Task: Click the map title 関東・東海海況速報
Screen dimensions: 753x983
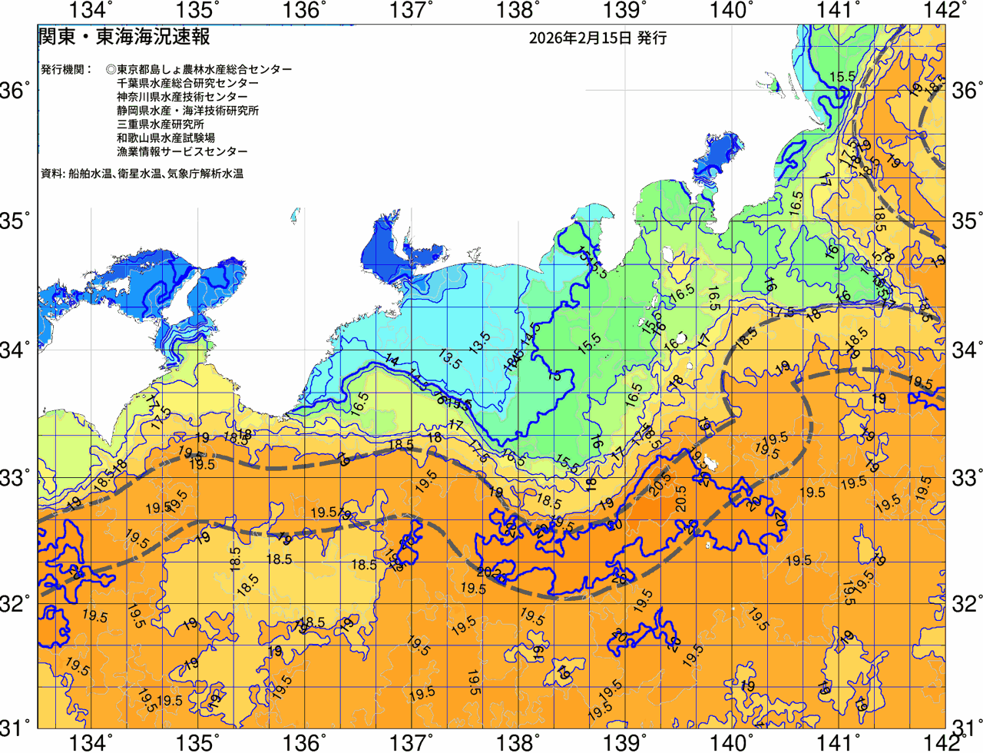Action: (x=124, y=37)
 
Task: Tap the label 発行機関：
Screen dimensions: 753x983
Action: (x=67, y=69)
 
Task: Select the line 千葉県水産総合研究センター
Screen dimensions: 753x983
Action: (x=187, y=83)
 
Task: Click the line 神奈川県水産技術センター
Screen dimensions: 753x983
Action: (x=182, y=97)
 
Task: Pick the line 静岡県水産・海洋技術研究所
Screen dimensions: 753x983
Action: (x=187, y=111)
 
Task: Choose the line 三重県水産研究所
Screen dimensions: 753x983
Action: (x=161, y=124)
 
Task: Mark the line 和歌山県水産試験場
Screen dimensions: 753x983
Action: (x=166, y=138)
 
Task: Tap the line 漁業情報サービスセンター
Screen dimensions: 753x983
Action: (x=182, y=152)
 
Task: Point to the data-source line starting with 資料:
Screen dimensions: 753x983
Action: (x=142, y=174)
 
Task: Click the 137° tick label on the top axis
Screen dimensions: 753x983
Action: (x=412, y=10)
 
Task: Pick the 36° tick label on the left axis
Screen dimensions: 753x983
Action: (x=16, y=91)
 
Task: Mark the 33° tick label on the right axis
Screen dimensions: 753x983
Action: (x=967, y=477)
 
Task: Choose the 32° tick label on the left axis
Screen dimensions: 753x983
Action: (x=16, y=603)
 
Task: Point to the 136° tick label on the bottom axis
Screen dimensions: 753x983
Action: (x=304, y=743)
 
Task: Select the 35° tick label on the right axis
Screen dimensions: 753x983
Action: (x=967, y=221)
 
